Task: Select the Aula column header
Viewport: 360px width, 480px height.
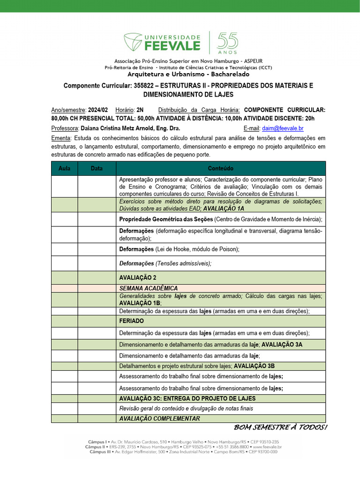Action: coord(64,168)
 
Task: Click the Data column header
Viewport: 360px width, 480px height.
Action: coord(97,168)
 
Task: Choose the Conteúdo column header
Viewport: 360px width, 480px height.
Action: coord(220,168)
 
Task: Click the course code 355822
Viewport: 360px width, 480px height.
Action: coord(146,86)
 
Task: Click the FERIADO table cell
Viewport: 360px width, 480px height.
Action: coord(132,321)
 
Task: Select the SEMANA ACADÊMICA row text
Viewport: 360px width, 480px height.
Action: coord(149,288)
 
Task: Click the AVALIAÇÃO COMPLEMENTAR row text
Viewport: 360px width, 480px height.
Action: coord(159,419)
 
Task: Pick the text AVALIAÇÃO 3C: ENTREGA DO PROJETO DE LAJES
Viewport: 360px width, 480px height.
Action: coord(187,398)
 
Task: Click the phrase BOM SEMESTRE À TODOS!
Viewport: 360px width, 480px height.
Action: coord(280,427)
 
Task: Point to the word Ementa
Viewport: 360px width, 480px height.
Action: coord(61,138)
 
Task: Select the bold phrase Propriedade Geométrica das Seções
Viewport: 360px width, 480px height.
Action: coord(166,219)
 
